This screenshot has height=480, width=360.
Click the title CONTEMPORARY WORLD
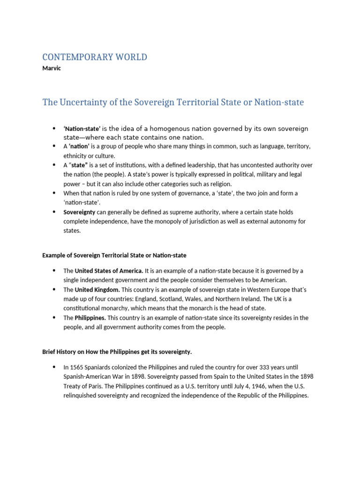point(94,57)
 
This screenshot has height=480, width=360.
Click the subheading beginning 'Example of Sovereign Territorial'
point(114,255)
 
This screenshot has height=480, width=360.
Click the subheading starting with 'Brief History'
point(117,352)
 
